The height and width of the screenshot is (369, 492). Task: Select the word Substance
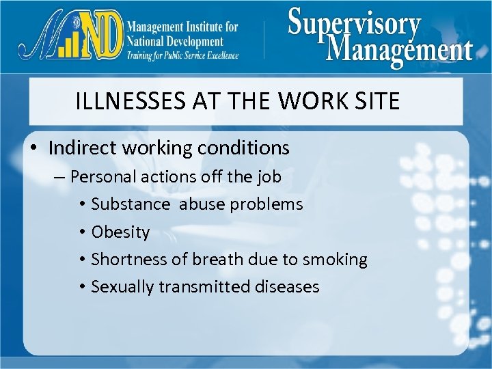click(x=131, y=204)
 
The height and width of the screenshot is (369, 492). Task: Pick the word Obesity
click(x=120, y=232)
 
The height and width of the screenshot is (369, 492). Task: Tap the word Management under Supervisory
click(x=399, y=49)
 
